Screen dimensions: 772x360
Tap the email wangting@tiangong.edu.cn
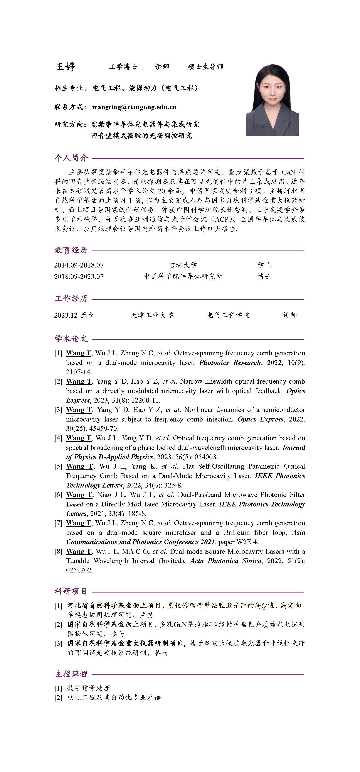click(134, 107)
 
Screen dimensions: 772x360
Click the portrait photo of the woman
click(272, 100)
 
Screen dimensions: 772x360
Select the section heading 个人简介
click(71, 158)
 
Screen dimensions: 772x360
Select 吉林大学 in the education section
click(183, 265)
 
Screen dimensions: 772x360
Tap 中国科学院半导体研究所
click(183, 276)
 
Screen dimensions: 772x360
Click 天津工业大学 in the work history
click(152, 315)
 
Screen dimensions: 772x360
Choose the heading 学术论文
click(71, 339)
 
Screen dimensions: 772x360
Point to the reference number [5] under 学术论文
click(58, 467)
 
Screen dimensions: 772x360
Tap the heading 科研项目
click(71, 591)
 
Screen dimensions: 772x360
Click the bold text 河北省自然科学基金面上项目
click(114, 606)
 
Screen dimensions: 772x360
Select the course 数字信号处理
click(89, 688)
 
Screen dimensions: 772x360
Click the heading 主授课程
click(71, 674)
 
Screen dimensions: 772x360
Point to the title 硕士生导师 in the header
click(205, 67)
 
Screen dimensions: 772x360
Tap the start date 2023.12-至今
click(74, 315)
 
